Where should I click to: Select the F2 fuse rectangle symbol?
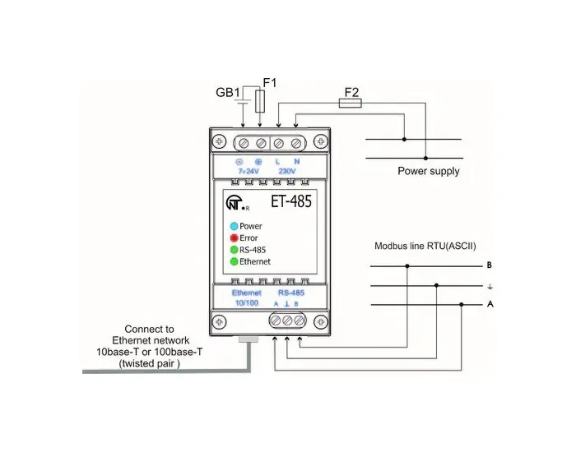tap(349, 104)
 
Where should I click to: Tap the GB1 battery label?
tap(229, 91)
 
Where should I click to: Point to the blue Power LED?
tap(234, 225)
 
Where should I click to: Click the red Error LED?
tap(234, 238)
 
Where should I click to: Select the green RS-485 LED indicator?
tap(234, 249)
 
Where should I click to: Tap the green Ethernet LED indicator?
tap(234, 261)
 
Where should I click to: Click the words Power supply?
tap(429, 172)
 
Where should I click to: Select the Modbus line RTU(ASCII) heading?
tap(425, 246)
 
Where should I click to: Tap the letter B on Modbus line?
tap(490, 265)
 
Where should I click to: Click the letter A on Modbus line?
tap(490, 304)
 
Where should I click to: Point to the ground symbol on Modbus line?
tap(490, 286)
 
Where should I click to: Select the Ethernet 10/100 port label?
tap(246, 297)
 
